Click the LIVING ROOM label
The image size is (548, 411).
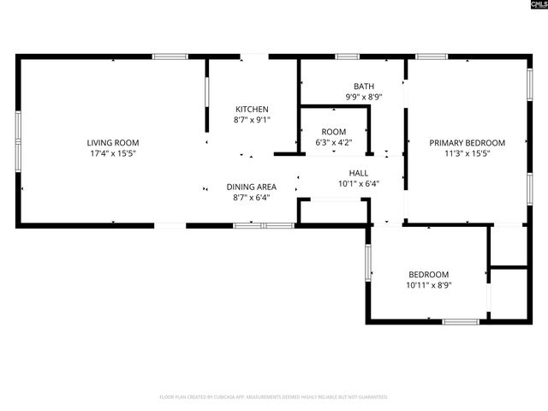click(112, 142)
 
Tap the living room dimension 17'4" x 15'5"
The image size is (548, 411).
click(112, 153)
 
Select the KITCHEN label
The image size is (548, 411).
click(252, 109)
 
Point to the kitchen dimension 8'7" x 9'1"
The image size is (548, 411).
click(252, 120)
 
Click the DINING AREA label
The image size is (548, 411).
click(251, 187)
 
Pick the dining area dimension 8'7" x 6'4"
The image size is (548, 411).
click(251, 198)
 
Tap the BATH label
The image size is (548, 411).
click(364, 86)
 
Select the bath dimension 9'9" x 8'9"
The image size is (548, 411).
click(364, 98)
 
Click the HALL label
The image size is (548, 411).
click(358, 171)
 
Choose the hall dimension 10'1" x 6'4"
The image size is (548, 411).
click(358, 182)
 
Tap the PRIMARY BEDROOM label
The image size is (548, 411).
click(467, 143)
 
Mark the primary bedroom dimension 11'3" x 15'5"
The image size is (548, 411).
click(467, 154)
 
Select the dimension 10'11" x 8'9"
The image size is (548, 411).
click(428, 285)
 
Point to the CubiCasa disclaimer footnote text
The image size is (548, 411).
click(274, 397)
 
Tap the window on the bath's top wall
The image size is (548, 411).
click(347, 57)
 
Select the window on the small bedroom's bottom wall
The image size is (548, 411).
click(461, 322)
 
